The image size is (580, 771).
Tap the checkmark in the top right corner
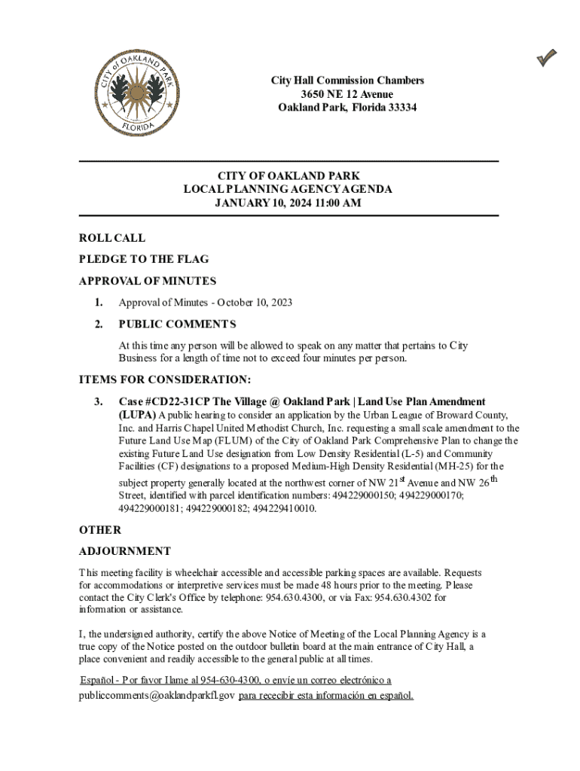547,57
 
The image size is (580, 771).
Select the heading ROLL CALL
112,238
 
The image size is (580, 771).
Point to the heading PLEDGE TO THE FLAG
144,259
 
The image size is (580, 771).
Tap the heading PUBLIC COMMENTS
177,325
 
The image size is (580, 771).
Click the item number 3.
98,402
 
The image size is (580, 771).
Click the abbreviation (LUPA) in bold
137,415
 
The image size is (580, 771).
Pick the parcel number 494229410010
285,508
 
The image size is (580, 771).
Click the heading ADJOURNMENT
124,551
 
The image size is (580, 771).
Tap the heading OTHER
99,530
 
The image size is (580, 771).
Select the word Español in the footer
96,680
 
